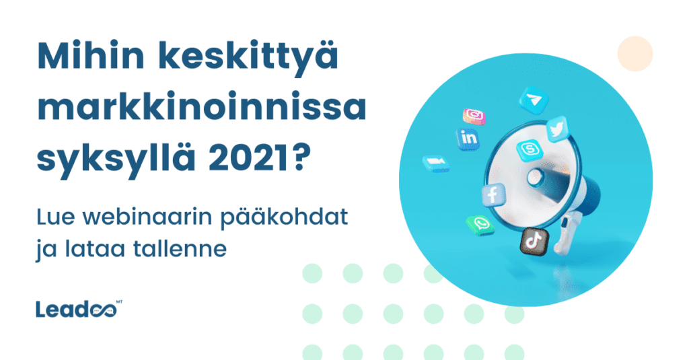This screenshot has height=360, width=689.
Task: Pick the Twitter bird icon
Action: tap(558, 130)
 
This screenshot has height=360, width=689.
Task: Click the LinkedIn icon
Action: tap(467, 138)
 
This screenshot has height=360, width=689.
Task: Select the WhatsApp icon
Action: tap(480, 225)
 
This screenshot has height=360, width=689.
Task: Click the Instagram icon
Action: tap(474, 116)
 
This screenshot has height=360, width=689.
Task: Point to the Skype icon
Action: tap(526, 149)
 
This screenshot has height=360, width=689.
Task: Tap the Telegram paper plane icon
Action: tap(534, 101)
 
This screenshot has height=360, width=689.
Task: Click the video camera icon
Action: tap(435, 164)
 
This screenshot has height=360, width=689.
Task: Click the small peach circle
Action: tap(635, 54)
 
